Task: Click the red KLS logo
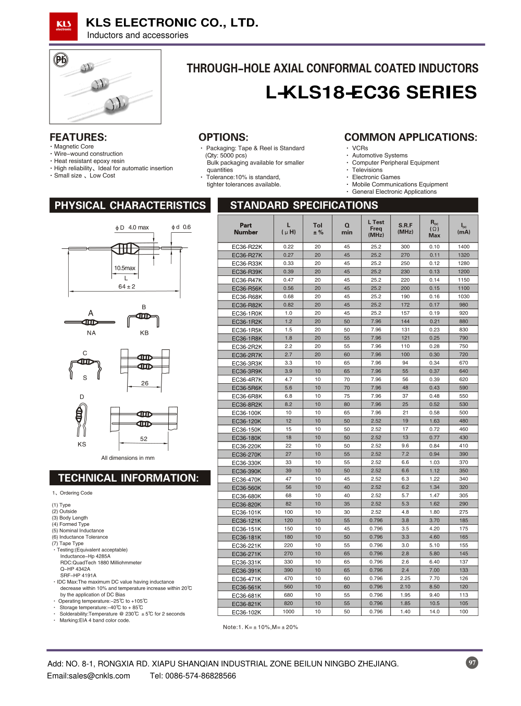point(64,26)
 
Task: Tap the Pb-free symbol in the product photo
point(61,60)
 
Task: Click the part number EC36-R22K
point(247,247)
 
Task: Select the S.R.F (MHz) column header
point(405,229)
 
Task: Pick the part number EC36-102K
point(247,612)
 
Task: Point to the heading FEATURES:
point(78,137)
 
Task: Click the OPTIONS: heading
point(223,137)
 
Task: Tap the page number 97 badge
point(472,663)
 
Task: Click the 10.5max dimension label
point(125,268)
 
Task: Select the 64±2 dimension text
point(127,287)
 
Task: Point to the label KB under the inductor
point(144,333)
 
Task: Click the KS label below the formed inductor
point(82,445)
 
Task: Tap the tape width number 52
point(144,439)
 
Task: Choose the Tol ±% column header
point(318,229)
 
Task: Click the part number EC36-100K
point(247,413)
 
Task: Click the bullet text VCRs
point(360,148)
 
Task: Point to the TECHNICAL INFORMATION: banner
point(129,478)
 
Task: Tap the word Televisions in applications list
point(367,170)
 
